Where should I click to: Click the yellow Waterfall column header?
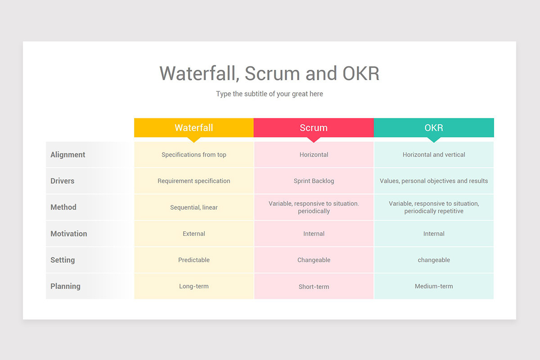point(194,127)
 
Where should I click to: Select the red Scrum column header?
point(314,127)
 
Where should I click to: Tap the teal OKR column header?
point(434,127)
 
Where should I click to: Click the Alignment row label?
point(68,154)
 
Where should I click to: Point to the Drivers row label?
point(63,181)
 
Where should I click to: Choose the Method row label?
point(63,207)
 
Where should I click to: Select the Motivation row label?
point(69,234)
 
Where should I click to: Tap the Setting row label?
point(63,260)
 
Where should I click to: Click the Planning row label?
point(65,286)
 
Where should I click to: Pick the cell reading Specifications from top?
point(194,154)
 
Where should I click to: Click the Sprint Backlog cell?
point(314,181)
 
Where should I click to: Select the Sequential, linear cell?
point(194,207)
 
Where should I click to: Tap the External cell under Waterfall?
point(194,234)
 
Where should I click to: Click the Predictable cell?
point(194,260)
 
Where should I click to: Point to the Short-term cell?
point(314,287)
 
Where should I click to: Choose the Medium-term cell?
point(434,286)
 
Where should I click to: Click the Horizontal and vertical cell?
point(434,154)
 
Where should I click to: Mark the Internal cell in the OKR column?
point(434,234)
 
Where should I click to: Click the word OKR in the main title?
point(361,73)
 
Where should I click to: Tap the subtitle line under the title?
point(270,94)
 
